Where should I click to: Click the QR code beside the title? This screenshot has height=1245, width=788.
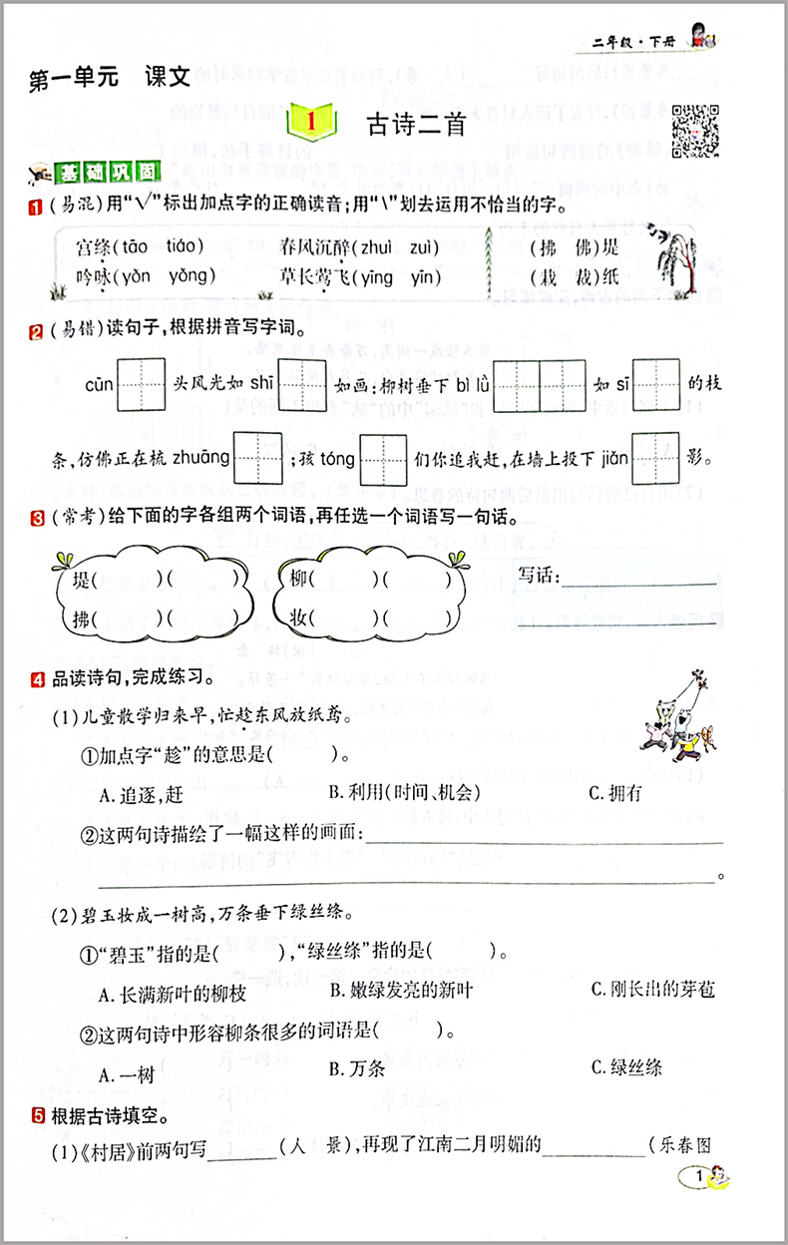(x=696, y=129)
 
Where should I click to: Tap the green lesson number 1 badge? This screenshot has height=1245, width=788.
(x=311, y=125)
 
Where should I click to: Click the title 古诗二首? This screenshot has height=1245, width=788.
(x=417, y=125)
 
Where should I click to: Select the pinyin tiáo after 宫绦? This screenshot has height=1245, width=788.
(x=182, y=246)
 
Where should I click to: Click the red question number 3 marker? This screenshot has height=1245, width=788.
(x=36, y=518)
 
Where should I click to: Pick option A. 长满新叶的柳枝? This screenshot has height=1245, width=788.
(x=172, y=993)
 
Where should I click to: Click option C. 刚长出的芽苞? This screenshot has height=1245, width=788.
(x=652, y=990)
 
